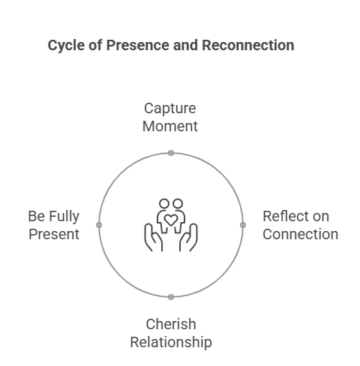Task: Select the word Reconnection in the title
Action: click(248, 45)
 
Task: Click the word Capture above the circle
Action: click(170, 109)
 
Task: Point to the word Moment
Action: click(170, 126)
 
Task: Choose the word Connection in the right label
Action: click(300, 234)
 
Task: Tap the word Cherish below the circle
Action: click(171, 324)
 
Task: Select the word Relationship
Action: click(171, 343)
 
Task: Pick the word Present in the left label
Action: click(54, 234)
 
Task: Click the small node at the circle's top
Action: click(171, 153)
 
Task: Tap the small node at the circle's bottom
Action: click(171, 297)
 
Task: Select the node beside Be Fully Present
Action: click(99, 225)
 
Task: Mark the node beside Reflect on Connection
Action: click(243, 225)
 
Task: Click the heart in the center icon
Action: click(171, 220)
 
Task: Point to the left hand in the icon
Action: click(153, 238)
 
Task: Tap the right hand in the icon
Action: click(188, 238)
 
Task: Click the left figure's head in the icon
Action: click(164, 204)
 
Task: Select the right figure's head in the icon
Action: click(178, 204)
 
